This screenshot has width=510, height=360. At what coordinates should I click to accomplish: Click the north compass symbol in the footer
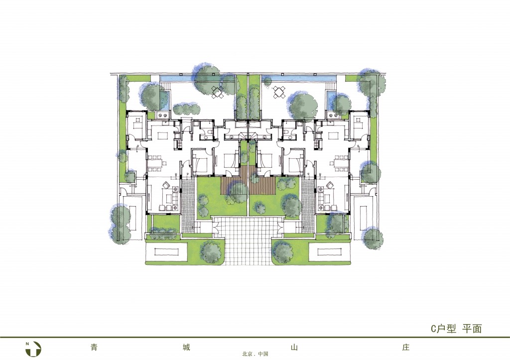point(33,349)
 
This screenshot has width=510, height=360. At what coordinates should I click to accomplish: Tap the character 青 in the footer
point(94,348)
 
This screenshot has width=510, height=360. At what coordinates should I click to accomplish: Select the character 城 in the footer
point(186,348)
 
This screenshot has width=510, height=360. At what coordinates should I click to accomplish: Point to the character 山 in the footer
point(294,348)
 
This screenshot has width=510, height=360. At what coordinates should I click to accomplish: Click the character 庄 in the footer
point(405,348)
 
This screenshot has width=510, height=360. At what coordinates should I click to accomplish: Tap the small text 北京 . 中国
point(255,354)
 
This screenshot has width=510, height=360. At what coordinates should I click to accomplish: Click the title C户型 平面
point(456,329)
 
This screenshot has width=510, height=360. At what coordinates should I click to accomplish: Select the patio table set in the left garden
point(218,92)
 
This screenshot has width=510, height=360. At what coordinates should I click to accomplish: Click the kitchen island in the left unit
point(160,135)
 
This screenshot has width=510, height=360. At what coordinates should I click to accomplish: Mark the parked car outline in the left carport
point(132,217)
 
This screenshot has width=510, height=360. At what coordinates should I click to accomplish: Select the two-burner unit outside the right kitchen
point(334,115)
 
